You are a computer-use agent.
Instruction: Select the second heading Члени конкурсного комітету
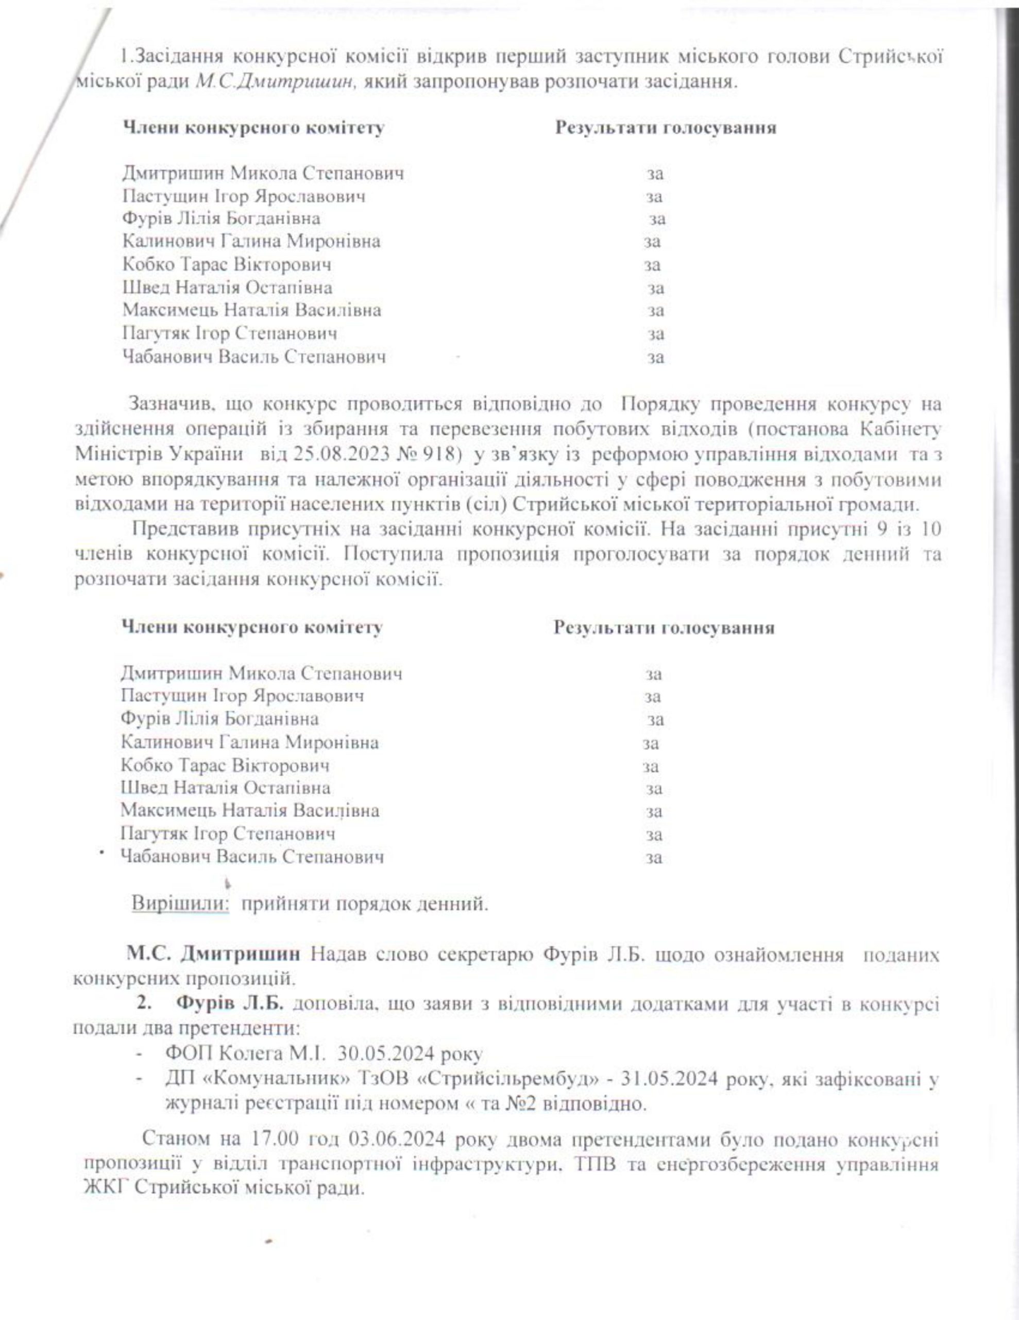tap(251, 628)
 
